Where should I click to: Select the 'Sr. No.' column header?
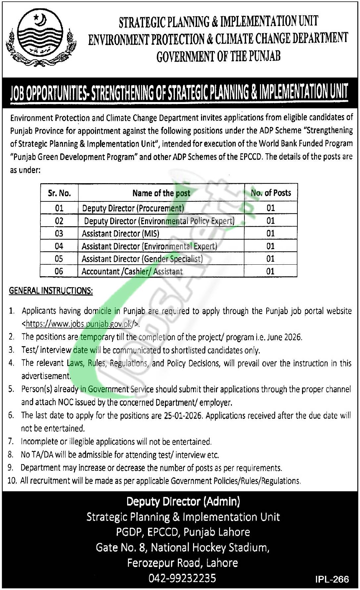(59, 193)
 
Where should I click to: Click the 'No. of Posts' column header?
(271, 193)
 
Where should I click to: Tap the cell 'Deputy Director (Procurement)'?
(133, 208)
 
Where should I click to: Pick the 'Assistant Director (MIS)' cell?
(121, 234)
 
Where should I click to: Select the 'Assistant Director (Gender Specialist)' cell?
(142, 259)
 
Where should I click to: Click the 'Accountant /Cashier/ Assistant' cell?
(132, 272)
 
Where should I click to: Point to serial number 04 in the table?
(59, 246)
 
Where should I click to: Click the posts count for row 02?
(271, 221)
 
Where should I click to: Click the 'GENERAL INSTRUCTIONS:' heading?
(51, 291)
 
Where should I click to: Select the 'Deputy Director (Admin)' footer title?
(183, 502)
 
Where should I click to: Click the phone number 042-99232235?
(182, 578)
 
